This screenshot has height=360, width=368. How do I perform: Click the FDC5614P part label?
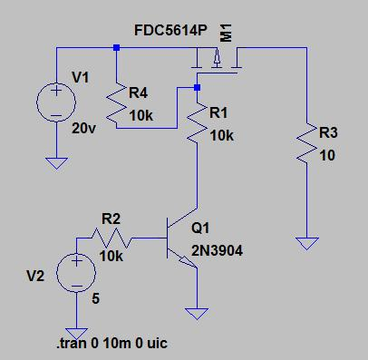tap(170, 31)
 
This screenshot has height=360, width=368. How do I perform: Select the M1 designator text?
tap(226, 33)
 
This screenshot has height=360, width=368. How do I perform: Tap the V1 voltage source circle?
tap(56, 102)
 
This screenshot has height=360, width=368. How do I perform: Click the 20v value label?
tap(83, 129)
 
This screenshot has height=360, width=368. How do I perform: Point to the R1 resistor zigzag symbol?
tap(197, 122)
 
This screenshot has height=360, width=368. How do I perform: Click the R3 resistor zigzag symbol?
tap(306, 142)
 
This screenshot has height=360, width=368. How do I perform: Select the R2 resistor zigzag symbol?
tap(111, 238)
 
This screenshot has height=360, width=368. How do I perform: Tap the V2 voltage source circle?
tap(76, 272)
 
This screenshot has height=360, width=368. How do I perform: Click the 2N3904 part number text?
tap(217, 250)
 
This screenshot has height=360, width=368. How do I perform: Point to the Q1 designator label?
tap(200, 228)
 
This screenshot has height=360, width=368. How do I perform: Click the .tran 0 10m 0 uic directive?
tap(111, 344)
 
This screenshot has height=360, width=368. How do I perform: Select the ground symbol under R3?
tap(307, 243)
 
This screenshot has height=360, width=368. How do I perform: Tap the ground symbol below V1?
tap(56, 163)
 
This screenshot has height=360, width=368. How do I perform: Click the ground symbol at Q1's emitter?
tap(197, 314)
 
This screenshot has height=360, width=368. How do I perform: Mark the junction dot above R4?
tap(116, 47)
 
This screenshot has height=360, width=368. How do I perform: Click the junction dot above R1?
tap(197, 88)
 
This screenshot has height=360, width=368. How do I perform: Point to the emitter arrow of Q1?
tap(188, 262)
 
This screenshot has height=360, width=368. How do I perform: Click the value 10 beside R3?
tap(327, 155)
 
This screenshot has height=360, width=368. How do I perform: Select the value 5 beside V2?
tap(95, 298)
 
